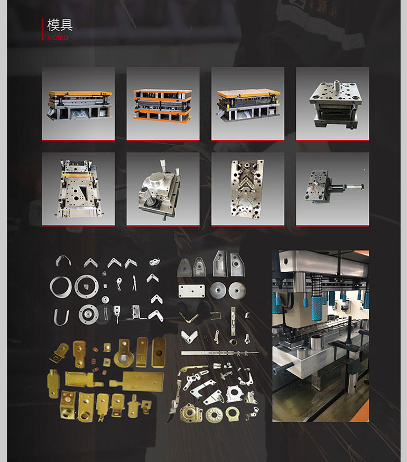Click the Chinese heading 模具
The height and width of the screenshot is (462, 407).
click(x=60, y=25)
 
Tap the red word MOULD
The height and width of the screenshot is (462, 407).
click(x=58, y=38)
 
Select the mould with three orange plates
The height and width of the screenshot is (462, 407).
click(x=162, y=106)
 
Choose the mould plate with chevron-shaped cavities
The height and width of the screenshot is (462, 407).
click(x=247, y=189)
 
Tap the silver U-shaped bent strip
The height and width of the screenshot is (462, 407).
click(x=61, y=318)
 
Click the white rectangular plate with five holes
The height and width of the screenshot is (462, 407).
click(x=191, y=291)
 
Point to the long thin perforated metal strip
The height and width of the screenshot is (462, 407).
click(x=219, y=353)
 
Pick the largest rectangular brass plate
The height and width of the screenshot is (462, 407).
click(x=137, y=382)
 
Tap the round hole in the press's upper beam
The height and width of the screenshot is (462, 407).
click(x=285, y=261)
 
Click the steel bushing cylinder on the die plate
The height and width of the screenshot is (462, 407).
click(x=317, y=342)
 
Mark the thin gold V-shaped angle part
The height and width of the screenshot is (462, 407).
click(x=189, y=318)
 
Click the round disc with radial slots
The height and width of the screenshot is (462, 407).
click(x=214, y=415)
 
